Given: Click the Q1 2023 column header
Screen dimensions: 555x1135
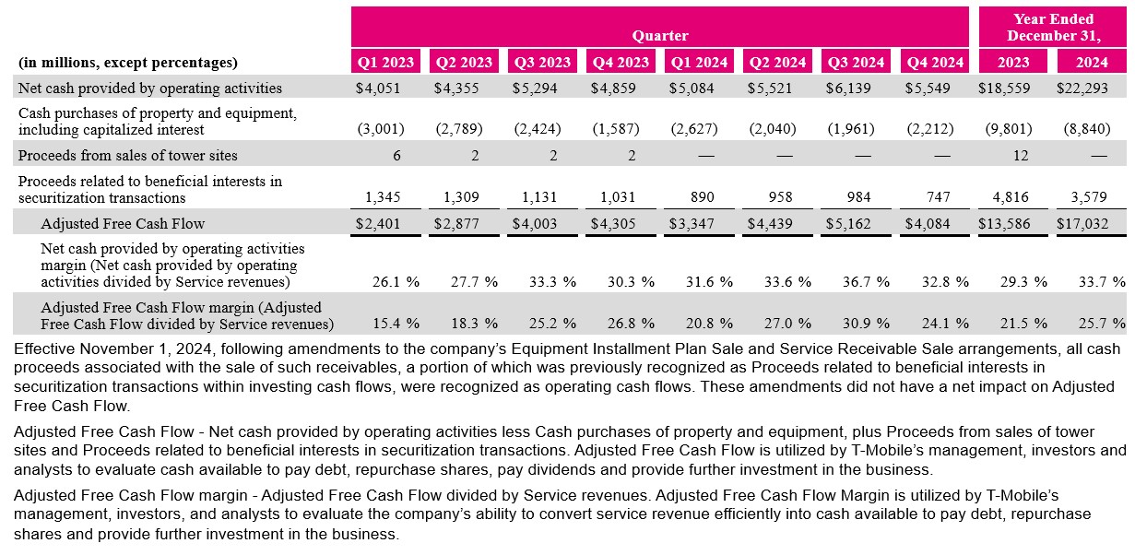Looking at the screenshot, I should coord(386,63).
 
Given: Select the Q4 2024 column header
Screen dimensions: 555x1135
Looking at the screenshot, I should coord(935,63).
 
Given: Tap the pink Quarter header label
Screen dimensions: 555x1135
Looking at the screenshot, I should coord(660,36).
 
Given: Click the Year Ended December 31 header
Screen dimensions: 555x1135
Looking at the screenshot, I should coord(1053,28).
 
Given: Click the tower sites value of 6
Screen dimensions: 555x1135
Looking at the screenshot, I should coord(396,156).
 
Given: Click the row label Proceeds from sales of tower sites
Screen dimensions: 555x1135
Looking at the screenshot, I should coord(127,156).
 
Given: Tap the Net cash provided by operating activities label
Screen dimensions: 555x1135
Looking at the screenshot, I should coord(150,89).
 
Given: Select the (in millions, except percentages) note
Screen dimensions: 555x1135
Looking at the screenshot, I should coord(127,63).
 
